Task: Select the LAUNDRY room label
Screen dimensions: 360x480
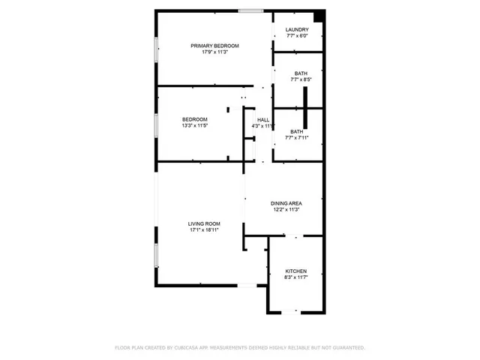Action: click(297, 30)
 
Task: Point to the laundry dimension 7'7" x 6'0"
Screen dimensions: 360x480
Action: click(297, 37)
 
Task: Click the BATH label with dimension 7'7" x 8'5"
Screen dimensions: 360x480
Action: click(300, 73)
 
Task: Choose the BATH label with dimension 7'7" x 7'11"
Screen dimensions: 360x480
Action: click(296, 131)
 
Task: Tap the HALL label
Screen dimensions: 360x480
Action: click(263, 119)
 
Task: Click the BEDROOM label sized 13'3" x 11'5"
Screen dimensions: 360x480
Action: click(195, 119)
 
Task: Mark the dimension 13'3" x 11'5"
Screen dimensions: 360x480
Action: click(195, 126)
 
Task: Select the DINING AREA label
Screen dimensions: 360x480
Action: click(286, 202)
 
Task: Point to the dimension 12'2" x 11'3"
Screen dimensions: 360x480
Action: click(286, 209)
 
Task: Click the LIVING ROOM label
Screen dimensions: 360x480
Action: click(204, 223)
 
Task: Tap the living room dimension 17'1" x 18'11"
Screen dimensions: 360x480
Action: click(204, 229)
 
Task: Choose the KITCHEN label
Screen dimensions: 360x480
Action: click(295, 271)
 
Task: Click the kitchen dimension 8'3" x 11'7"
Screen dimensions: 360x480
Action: click(295, 277)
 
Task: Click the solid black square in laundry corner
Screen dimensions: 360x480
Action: click(319, 16)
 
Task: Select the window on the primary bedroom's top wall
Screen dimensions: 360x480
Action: click(250, 10)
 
